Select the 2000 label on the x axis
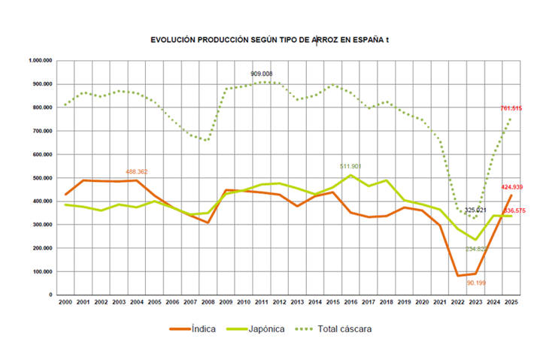point(65,301)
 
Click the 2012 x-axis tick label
point(279,301)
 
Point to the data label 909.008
point(262,74)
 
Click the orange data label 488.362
point(136,171)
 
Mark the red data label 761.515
point(511,108)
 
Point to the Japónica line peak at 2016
point(350,175)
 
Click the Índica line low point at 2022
point(458,275)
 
